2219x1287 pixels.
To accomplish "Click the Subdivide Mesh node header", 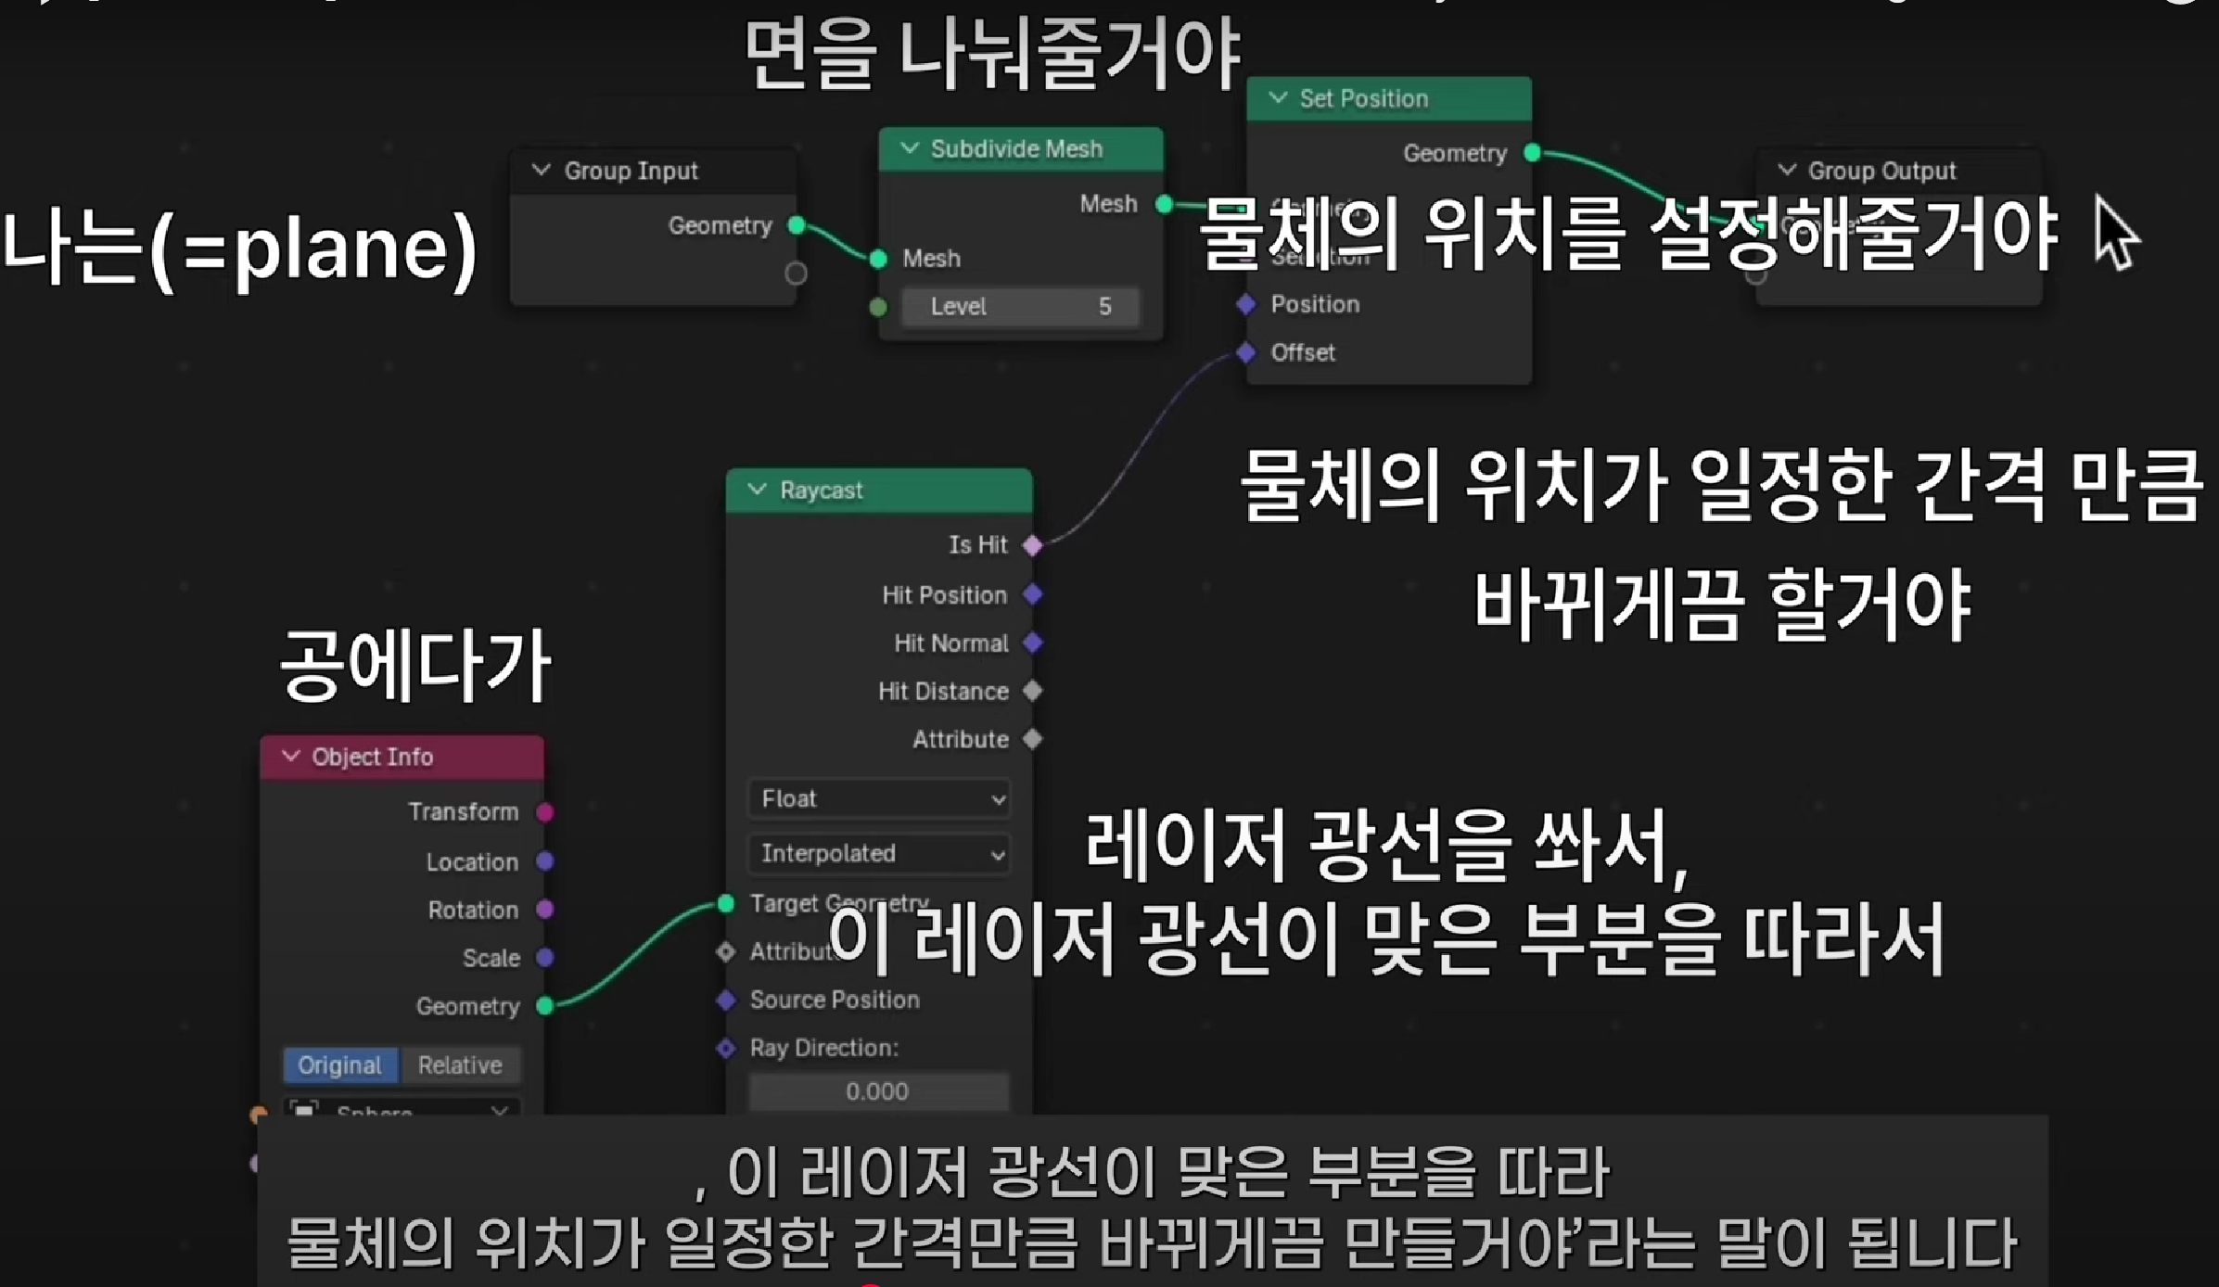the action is [x=1016, y=149].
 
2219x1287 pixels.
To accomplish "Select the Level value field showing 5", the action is [x=1020, y=307].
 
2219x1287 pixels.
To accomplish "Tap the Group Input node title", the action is [x=631, y=172].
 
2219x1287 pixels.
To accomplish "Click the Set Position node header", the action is [x=1363, y=99].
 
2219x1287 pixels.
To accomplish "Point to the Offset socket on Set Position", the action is [x=1246, y=352].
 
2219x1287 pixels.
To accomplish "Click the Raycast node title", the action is [x=821, y=491].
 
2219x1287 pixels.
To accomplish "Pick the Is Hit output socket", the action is [x=1033, y=545].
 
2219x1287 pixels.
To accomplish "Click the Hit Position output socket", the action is [x=1033, y=594].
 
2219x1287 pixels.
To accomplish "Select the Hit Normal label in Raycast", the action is [x=950, y=643].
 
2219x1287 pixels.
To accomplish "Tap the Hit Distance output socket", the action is [x=1033, y=691].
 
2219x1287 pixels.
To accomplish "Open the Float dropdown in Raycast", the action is [x=879, y=798].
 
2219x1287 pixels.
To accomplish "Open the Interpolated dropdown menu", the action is [x=879, y=853].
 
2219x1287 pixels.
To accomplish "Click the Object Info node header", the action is [x=372, y=758].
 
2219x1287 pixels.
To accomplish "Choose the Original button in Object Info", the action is [x=340, y=1065].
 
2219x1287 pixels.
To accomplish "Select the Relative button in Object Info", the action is [x=460, y=1065].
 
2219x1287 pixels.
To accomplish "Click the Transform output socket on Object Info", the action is [x=546, y=812].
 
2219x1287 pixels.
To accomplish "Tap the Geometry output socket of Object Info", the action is [x=546, y=1006].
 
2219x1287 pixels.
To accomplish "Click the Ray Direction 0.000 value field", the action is [x=877, y=1091].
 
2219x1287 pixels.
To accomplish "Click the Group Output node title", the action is [x=1881, y=172].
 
